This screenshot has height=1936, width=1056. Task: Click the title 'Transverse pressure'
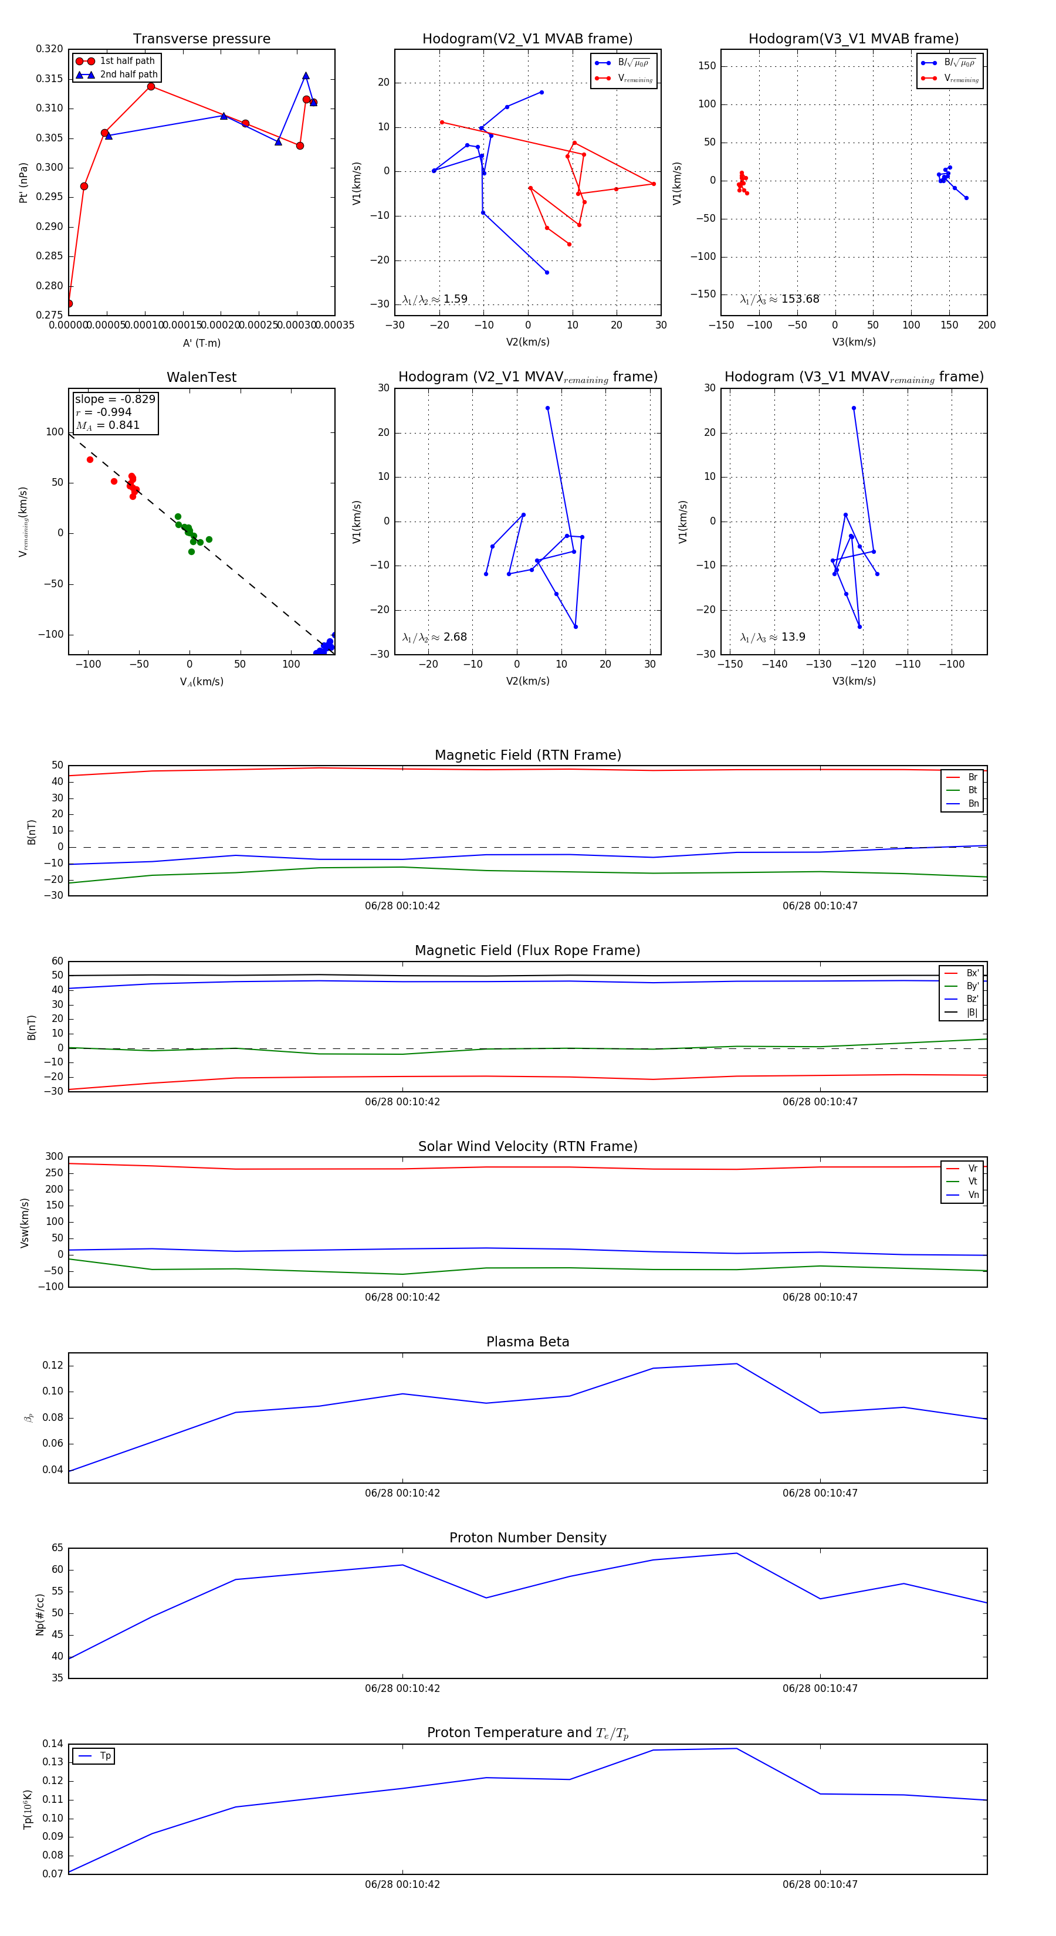pos(201,39)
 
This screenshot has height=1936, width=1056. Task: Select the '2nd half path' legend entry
pos(128,75)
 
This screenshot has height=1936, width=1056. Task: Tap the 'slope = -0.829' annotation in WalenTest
pos(115,399)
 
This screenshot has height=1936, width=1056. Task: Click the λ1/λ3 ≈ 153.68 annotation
pos(780,299)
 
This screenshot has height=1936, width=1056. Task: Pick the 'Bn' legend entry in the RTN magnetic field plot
pos(973,803)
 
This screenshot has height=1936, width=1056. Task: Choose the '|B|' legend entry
pos(972,1013)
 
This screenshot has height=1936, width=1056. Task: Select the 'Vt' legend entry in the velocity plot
pos(973,1182)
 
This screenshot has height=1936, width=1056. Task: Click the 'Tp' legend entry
pos(105,1756)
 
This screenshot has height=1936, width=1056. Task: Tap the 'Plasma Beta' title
pos(527,1342)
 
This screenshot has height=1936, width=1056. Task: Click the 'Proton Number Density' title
pos(527,1538)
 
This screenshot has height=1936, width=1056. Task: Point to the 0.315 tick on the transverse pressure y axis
pos(50,79)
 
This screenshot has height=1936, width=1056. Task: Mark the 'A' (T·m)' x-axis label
pos(201,343)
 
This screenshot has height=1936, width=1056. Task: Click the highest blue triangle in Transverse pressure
pos(306,76)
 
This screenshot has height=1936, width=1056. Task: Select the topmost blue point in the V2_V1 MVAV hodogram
pos(547,408)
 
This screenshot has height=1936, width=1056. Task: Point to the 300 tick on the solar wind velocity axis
pos(54,1157)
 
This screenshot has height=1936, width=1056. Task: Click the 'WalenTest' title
pos(201,377)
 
